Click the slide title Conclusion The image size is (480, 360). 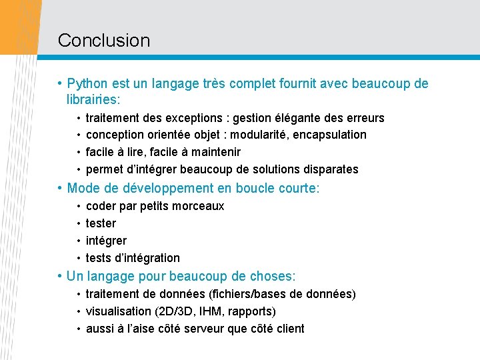(x=104, y=40)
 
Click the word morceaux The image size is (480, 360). (x=199, y=206)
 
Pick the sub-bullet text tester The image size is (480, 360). (x=101, y=223)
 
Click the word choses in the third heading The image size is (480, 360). (x=271, y=276)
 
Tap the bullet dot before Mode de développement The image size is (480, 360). (x=60, y=189)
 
